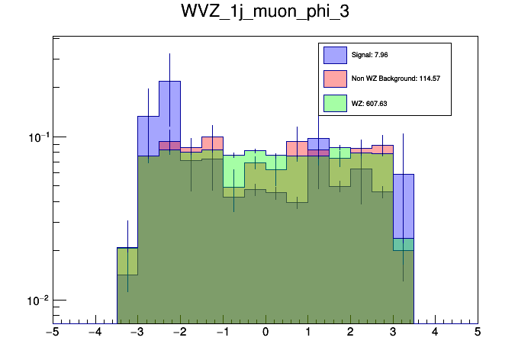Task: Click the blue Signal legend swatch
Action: (335, 55)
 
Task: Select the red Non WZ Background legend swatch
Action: (335, 79)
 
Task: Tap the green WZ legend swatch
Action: (335, 103)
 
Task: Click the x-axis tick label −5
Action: (53, 333)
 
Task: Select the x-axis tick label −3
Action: (137, 333)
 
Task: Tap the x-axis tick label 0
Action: (265, 333)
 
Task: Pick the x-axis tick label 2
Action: (350, 333)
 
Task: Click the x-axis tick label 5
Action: (478, 333)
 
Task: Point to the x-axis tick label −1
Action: (222, 333)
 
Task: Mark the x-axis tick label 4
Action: (435, 333)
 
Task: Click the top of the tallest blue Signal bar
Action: (169, 81)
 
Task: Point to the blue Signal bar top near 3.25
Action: (403, 174)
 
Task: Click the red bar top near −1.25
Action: (212, 137)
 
